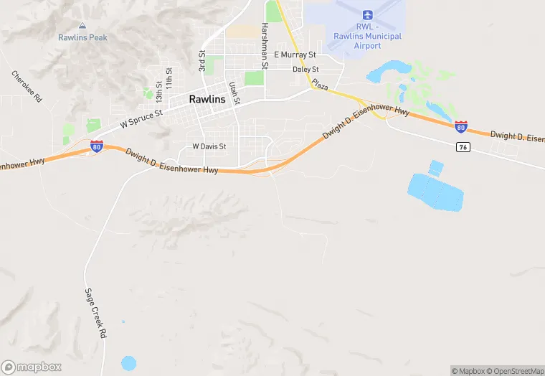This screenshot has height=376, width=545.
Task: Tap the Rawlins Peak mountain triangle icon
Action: pyautogui.click(x=82, y=27)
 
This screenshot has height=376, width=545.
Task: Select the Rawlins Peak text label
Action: pyautogui.click(x=82, y=38)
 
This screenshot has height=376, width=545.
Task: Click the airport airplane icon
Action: pyautogui.click(x=368, y=15)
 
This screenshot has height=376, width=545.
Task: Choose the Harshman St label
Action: pyautogui.click(x=265, y=45)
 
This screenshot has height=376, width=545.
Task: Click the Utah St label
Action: pyautogui.click(x=234, y=93)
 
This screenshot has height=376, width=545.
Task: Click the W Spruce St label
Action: pyautogui.click(x=141, y=118)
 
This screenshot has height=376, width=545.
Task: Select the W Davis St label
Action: pyautogui.click(x=209, y=146)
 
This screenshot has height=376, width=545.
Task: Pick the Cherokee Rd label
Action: pyautogui.click(x=27, y=86)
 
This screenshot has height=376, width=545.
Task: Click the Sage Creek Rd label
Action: pyautogui.click(x=96, y=314)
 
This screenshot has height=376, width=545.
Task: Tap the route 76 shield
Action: pyautogui.click(x=463, y=146)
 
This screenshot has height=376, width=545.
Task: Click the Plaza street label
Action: pyautogui.click(x=320, y=86)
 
